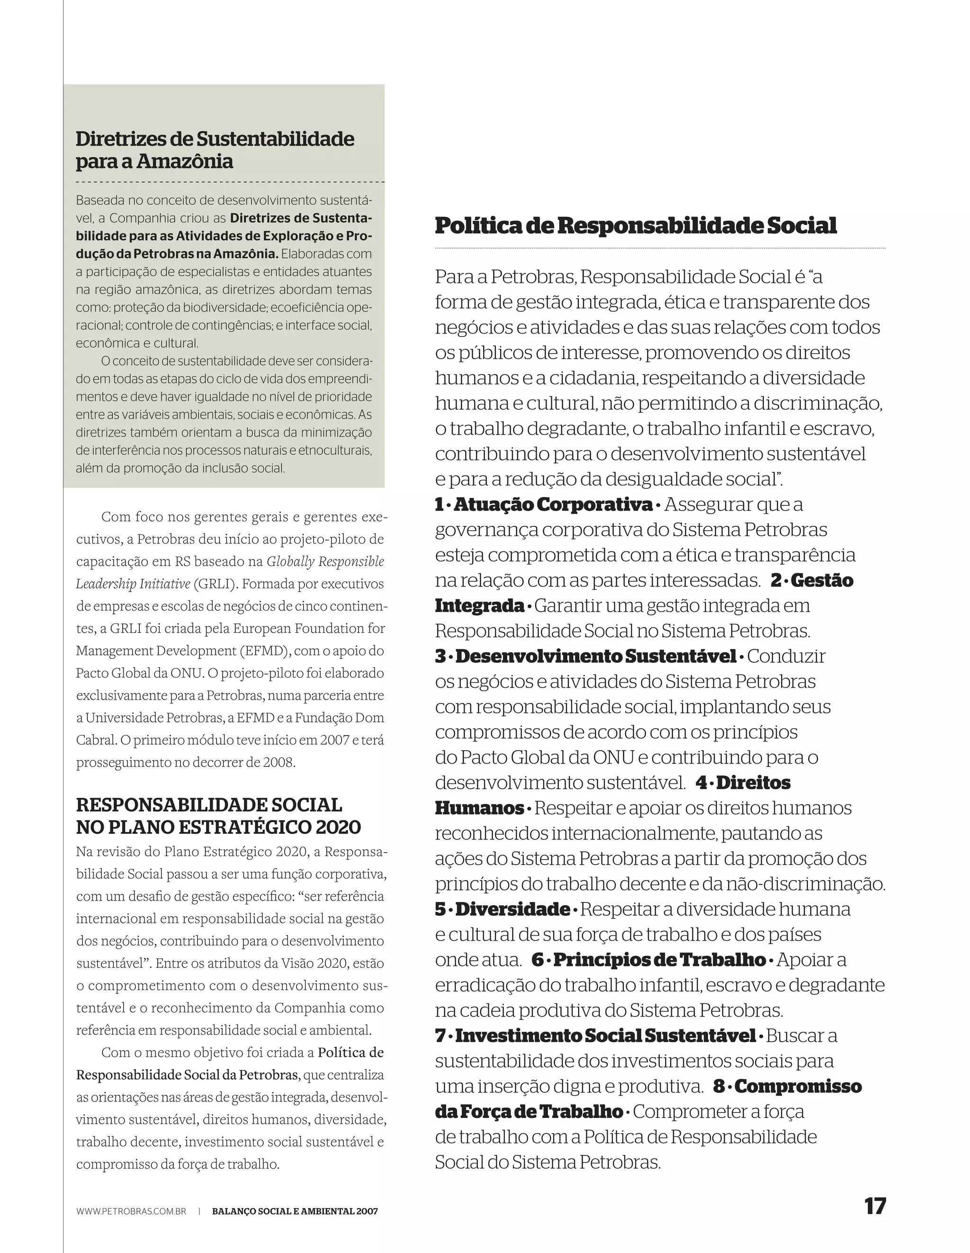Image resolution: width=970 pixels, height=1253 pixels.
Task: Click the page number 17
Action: (x=875, y=1206)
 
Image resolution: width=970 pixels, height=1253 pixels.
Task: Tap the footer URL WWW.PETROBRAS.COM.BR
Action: (x=131, y=1212)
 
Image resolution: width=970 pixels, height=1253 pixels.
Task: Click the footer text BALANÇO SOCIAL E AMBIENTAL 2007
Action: (x=295, y=1212)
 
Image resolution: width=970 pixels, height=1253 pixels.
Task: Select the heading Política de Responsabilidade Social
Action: (x=636, y=225)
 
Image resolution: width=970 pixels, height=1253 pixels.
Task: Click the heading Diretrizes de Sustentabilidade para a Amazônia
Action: (x=215, y=150)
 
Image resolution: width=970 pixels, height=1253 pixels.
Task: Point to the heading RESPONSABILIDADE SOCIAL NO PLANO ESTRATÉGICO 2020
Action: (x=218, y=816)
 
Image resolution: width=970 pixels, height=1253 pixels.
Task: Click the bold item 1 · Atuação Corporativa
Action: (x=544, y=505)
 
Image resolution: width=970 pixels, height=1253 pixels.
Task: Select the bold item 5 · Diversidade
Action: (x=503, y=910)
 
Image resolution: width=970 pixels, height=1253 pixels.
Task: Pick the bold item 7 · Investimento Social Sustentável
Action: (x=595, y=1036)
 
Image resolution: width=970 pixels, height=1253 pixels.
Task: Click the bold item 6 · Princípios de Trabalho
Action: (x=649, y=960)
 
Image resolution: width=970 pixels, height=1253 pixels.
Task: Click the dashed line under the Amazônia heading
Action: (x=229, y=182)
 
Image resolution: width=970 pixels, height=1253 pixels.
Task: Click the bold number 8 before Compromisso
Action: (x=719, y=1086)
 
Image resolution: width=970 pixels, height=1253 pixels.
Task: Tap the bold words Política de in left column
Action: (x=350, y=1053)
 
